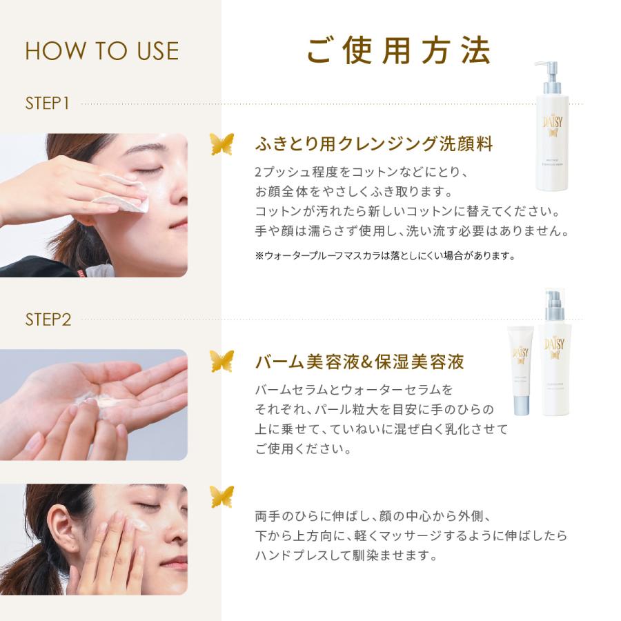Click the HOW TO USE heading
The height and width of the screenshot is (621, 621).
point(101,51)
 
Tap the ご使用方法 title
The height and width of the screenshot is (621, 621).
point(398,50)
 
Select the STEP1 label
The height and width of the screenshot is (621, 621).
point(48,103)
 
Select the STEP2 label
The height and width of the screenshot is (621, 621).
point(48,319)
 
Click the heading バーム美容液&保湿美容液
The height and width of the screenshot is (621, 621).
point(359,361)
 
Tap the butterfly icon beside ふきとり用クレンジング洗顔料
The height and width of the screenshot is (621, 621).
point(221,144)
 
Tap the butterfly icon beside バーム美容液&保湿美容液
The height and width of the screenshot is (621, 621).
point(221,360)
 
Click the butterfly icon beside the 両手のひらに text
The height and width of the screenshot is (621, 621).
point(221,496)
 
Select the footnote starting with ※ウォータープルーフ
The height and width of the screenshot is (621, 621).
point(385,256)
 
